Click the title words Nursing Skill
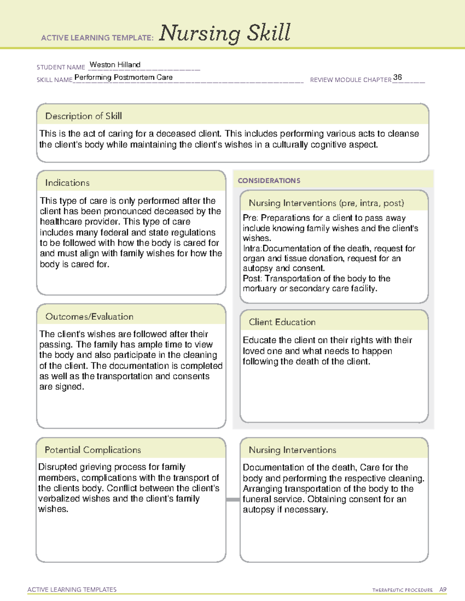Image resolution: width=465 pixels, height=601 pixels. click(x=225, y=33)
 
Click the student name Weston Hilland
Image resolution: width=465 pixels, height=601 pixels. click(x=115, y=65)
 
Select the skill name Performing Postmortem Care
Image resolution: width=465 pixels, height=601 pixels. click(x=124, y=77)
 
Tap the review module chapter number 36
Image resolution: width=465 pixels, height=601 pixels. click(x=397, y=77)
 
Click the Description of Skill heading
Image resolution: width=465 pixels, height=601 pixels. click(x=83, y=116)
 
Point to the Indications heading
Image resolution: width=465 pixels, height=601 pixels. click(x=67, y=183)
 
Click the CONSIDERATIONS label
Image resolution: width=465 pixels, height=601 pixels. click(x=269, y=181)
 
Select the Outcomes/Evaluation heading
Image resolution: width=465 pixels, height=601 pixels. click(x=89, y=317)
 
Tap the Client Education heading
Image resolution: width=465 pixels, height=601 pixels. click(x=282, y=322)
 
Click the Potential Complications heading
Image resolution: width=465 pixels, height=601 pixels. click(x=93, y=450)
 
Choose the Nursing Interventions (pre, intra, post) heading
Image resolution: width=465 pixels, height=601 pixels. click(x=326, y=203)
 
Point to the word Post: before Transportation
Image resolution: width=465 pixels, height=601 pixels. click(x=252, y=279)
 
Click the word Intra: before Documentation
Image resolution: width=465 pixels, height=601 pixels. click(x=252, y=248)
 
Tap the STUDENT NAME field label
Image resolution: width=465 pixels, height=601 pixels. click(x=61, y=67)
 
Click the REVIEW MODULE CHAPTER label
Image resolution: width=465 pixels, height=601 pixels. click(x=351, y=80)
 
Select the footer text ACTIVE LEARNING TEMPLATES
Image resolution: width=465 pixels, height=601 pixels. click(x=72, y=589)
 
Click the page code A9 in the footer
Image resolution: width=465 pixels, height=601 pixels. click(x=443, y=590)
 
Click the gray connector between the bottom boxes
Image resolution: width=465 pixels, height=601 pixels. click(x=232, y=500)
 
